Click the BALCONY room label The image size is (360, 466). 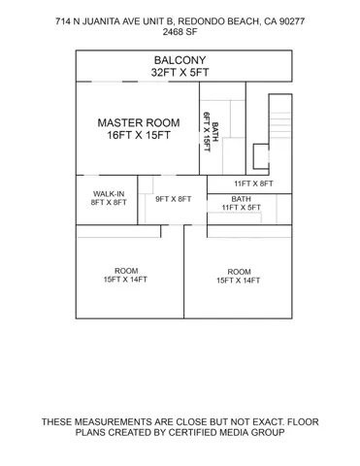(180, 60)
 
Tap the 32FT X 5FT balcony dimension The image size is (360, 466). (180, 72)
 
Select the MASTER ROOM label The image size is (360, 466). (139, 122)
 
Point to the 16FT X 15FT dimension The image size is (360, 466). (139, 135)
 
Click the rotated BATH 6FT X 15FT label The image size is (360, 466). (211, 132)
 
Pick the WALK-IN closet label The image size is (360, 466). (109, 194)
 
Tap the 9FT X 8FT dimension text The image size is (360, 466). (174, 199)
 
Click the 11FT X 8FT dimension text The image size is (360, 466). (253, 183)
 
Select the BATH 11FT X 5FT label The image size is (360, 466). (242, 203)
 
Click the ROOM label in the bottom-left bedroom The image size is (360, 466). (126, 271)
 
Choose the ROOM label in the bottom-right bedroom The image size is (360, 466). (239, 272)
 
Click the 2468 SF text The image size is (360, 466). (180, 32)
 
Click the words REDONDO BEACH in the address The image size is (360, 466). (218, 21)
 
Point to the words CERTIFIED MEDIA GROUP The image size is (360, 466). (227, 432)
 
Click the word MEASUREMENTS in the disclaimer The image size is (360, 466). (114, 422)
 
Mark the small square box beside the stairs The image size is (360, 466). (261, 156)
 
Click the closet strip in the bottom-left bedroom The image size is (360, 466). (118, 231)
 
